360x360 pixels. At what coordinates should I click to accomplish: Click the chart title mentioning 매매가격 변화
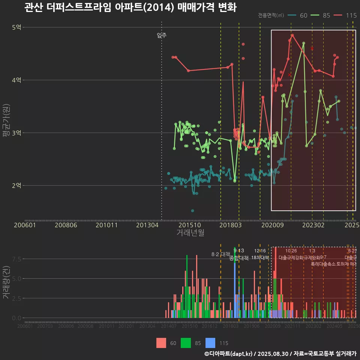click(130, 7)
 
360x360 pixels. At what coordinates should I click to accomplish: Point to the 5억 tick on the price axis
click(16, 27)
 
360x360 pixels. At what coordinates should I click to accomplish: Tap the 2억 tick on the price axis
click(16, 186)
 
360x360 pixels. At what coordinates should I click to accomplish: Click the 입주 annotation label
click(162, 36)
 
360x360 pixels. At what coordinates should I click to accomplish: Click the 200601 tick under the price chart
click(25, 225)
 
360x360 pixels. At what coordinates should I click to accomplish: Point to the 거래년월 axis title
click(190, 233)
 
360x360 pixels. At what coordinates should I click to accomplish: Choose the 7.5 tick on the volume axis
click(16, 259)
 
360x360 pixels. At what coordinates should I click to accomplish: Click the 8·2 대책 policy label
click(220, 254)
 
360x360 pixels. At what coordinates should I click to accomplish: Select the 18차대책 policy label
click(260, 258)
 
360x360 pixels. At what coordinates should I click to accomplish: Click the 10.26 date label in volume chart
click(291, 251)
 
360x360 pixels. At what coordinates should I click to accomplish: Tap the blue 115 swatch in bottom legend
click(211, 343)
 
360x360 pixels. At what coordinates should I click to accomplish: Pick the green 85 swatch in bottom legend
click(186, 343)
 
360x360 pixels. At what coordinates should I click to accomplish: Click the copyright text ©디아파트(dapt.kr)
click(229, 354)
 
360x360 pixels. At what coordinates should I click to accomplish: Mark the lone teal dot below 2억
click(193, 211)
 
